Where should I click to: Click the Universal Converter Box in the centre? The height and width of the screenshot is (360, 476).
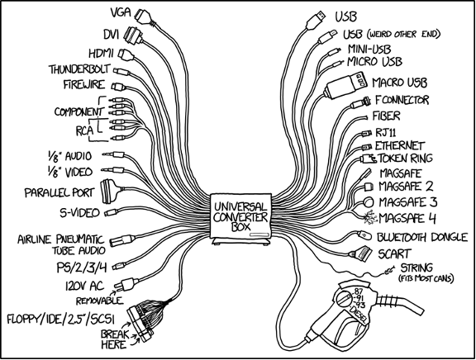coord(240,219)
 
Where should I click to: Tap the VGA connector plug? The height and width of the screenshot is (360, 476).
coord(145,17)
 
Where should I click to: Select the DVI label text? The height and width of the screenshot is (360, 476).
coord(111,35)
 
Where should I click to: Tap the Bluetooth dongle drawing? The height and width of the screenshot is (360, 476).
coord(364,235)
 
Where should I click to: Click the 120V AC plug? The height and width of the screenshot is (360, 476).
coord(127,284)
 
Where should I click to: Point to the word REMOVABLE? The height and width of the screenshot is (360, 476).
coord(99,301)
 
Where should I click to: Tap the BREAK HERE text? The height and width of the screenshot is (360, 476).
coord(114,339)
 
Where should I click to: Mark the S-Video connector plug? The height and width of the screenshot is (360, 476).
coord(112,212)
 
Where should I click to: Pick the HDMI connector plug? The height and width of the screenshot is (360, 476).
coord(126,54)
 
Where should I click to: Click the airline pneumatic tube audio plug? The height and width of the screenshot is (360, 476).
coord(122,239)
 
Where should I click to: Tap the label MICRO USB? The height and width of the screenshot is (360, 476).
coord(374,62)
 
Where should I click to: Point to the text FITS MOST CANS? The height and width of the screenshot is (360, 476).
coord(426,278)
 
